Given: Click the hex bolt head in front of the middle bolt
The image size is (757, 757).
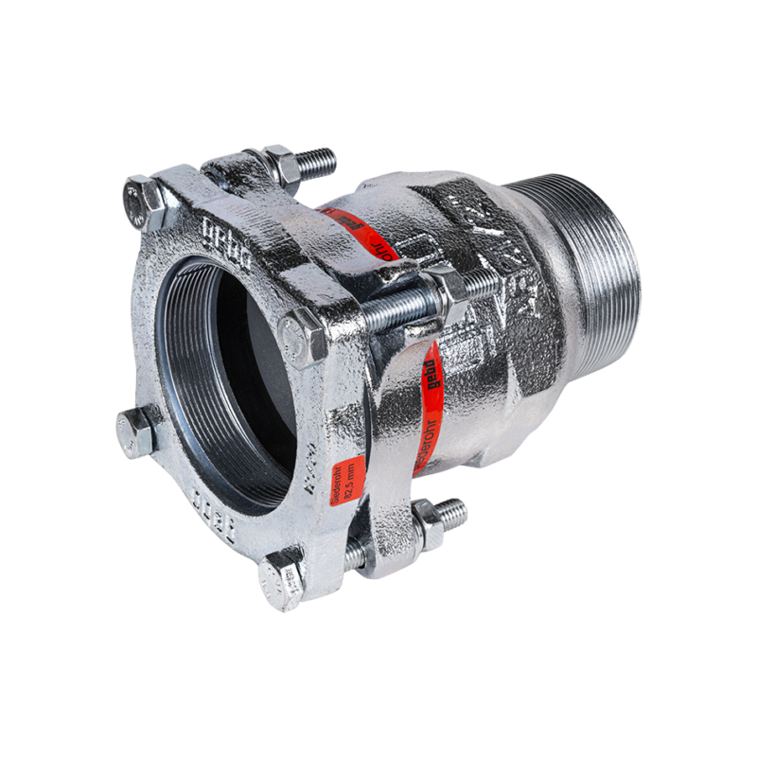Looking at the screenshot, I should (x=304, y=337).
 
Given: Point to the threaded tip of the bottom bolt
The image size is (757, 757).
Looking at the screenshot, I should (x=453, y=512).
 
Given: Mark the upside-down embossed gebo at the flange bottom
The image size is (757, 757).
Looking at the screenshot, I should (x=204, y=499).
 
